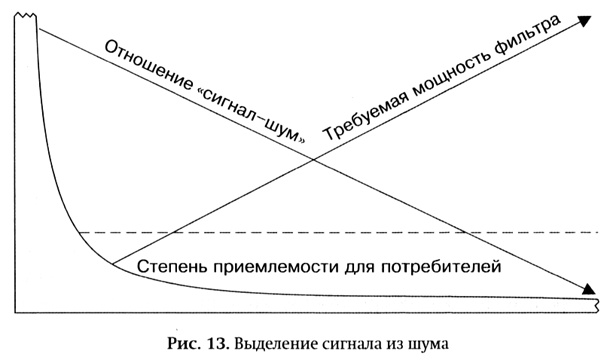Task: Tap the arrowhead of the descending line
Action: coord(590,291)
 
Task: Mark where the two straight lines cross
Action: coord(314,159)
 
